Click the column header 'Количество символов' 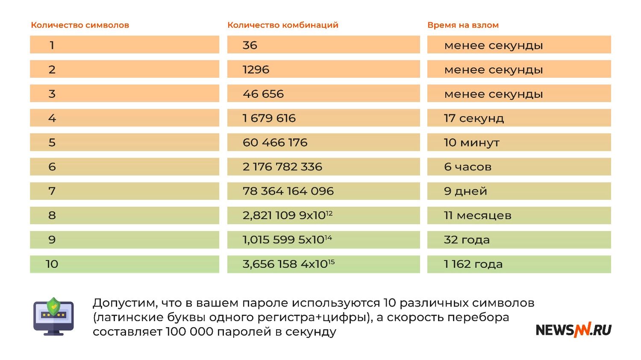click(80, 25)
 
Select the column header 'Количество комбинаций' click(282, 25)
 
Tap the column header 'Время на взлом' click(463, 25)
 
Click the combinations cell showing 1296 click(256, 69)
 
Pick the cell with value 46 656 click(263, 94)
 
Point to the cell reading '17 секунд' click(473, 118)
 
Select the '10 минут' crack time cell click(471, 142)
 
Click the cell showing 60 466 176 click(275, 142)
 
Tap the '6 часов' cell click(468, 167)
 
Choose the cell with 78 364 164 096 click(288, 191)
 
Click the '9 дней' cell click(465, 191)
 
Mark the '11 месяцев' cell click(477, 215)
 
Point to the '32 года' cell click(467, 240)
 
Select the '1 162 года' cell click(473, 264)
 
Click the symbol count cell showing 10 click(52, 264)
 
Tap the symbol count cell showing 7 click(52, 191)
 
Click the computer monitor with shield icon click(53, 316)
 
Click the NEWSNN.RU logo click(573, 330)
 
